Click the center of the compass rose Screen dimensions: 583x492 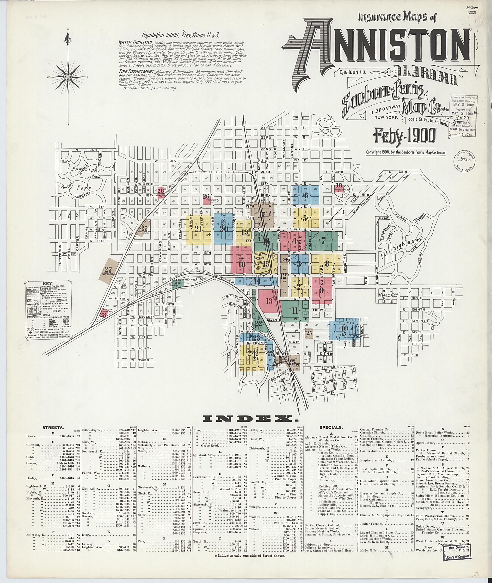pyautogui.click(x=68, y=77)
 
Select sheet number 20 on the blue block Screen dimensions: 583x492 pyautogui.click(x=224, y=229)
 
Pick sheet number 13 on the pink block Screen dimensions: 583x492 pyautogui.click(x=269, y=301)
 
